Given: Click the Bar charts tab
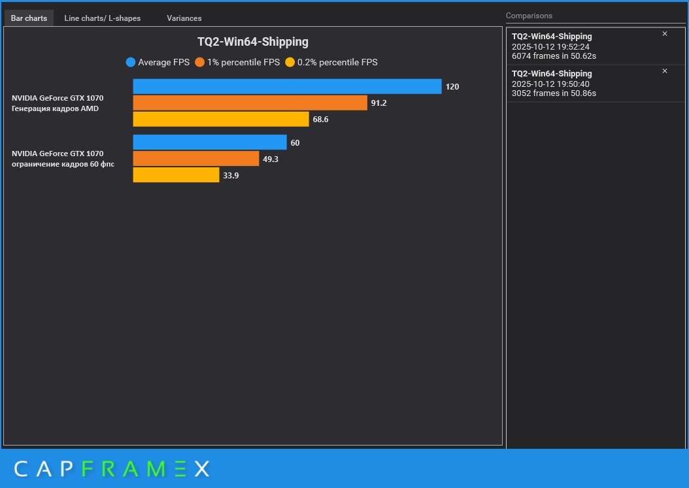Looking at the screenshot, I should tap(29, 18).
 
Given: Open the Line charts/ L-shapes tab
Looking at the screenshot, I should tap(102, 18).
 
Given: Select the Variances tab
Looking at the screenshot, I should tap(184, 18).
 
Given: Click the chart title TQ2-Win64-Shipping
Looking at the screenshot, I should tap(252, 42).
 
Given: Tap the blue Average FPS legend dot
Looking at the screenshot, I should tap(131, 63).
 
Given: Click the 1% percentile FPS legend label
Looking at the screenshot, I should tap(243, 63).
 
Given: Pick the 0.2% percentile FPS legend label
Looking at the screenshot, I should tap(337, 63).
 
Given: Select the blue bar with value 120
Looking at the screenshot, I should tap(287, 86).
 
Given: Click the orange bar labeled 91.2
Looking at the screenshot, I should tap(250, 103).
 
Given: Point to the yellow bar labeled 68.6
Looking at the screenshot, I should tap(220, 119).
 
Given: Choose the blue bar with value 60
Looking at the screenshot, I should tap(209, 142).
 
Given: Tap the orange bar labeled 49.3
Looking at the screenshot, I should tap(195, 159).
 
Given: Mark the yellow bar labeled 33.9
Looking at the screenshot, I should tap(176, 175).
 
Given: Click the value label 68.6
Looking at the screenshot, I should tap(320, 120).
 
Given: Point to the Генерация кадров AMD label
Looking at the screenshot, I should tap(55, 108).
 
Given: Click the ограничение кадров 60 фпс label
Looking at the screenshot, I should tap(63, 164).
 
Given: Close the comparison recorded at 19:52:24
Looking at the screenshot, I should tap(665, 34).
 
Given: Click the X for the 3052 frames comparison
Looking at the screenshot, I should tap(665, 71).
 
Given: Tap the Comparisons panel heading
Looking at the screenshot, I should tap(529, 16).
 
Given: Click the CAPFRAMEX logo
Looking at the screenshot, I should tap(112, 468).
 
